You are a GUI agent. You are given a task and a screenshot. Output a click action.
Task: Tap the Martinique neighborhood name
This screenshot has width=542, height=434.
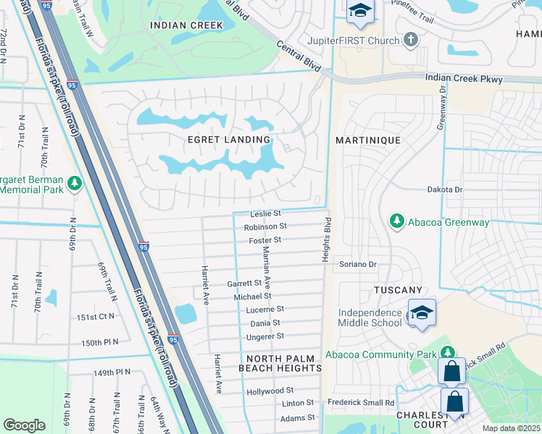click(369, 139)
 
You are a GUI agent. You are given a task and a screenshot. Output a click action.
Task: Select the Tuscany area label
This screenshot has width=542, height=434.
click(397, 289)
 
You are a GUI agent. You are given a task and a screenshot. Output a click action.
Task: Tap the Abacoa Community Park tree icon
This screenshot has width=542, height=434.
click(448, 354)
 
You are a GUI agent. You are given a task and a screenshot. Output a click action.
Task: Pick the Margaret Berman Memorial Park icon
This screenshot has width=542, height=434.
click(74, 184)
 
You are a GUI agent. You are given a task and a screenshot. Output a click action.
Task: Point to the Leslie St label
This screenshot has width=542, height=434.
click(265, 213)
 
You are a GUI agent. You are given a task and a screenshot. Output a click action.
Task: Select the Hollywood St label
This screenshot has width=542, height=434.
click(269, 391)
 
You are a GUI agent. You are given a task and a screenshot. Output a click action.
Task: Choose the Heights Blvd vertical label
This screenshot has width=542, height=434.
click(327, 239)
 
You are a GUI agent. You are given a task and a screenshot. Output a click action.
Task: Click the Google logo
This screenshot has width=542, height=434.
click(24, 425)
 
